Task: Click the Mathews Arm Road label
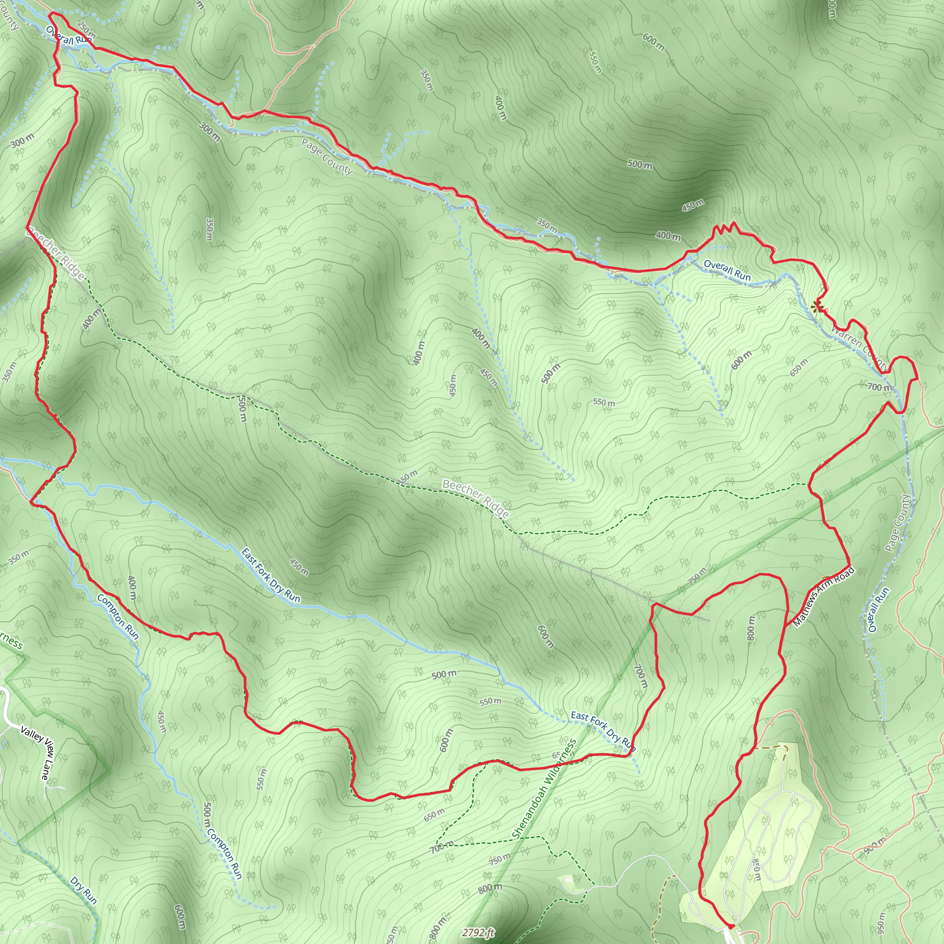pyautogui.click(x=824, y=596)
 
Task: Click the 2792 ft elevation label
pyautogui.click(x=479, y=933)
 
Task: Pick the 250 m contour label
pyautogui.click(x=86, y=31)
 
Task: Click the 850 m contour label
pyautogui.click(x=756, y=870)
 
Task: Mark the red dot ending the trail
pyautogui.click(x=731, y=926)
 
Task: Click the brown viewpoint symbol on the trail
pyautogui.click(x=816, y=307)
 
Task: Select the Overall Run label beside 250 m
pyautogui.click(x=68, y=36)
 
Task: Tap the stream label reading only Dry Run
pyautogui.click(x=83, y=890)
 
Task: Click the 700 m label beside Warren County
pyautogui.click(x=879, y=388)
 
